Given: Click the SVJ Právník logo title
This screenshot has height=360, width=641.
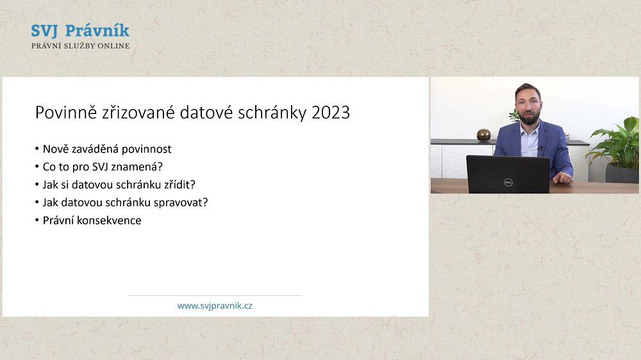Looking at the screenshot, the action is [80, 31].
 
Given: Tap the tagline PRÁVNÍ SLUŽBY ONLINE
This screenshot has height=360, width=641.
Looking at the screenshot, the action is [81, 45].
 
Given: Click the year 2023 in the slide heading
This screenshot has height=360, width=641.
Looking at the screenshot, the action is [331, 112].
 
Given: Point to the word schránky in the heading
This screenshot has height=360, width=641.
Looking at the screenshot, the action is [272, 113].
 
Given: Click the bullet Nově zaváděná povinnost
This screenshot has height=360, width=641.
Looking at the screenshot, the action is [107, 149].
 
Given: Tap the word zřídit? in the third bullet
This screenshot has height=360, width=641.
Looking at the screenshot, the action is [180, 184].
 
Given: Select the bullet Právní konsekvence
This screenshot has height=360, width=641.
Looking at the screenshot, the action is [92, 220].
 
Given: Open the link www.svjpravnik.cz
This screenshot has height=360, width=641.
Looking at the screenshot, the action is [215, 306].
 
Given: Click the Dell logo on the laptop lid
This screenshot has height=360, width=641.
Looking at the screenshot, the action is [508, 183].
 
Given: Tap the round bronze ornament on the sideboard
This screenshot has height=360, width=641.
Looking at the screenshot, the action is [483, 135].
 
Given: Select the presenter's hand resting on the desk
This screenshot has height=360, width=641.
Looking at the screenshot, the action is [563, 178].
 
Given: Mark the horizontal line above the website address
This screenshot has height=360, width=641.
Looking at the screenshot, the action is [215, 295].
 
